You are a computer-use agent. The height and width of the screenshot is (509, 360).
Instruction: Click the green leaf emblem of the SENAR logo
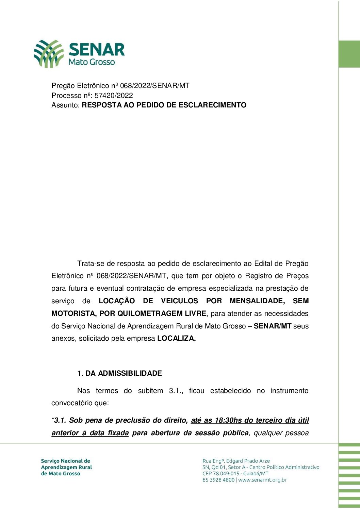[49, 54]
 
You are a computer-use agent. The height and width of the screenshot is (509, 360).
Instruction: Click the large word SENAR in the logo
[97, 50]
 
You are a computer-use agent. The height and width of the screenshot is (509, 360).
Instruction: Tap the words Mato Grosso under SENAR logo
[92, 62]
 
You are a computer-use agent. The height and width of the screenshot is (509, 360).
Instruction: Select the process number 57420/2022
[114, 96]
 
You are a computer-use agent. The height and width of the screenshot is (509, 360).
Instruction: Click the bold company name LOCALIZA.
[176, 339]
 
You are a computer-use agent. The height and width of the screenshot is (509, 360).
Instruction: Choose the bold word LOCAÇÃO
[117, 301]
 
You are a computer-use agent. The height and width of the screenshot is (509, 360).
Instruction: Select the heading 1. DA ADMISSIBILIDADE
[119, 373]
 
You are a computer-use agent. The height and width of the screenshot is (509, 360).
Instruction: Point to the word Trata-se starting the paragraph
[90, 264]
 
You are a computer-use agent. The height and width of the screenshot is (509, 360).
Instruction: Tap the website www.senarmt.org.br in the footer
[262, 480]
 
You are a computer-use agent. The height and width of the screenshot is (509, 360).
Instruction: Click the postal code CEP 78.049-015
[221, 474]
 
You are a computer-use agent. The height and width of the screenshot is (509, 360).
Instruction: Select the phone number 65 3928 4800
[218, 480]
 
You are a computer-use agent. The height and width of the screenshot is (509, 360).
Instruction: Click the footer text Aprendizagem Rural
[66, 467]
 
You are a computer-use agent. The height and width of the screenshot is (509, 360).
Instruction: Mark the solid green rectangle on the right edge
[349, 54]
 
